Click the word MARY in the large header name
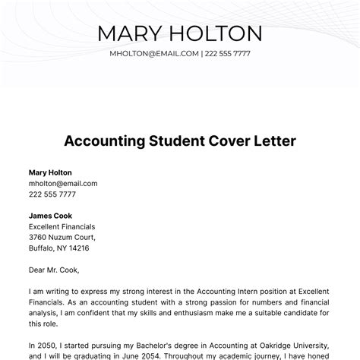(134, 33)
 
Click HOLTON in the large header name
(213, 33)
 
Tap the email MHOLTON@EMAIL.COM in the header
(154, 54)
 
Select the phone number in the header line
(228, 54)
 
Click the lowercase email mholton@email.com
(63, 183)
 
